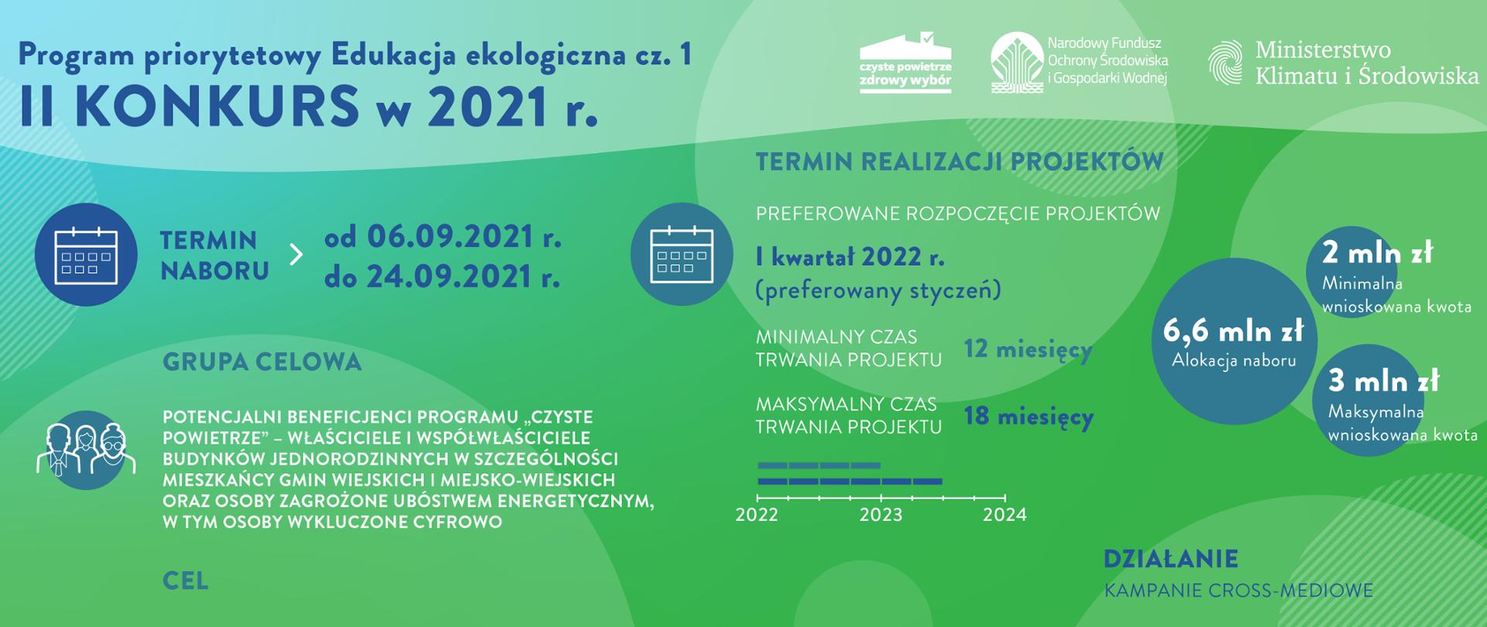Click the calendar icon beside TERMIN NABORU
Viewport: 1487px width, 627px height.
click(x=86, y=255)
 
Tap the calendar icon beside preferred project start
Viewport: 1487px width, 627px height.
click(x=682, y=254)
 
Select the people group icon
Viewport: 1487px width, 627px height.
click(x=86, y=450)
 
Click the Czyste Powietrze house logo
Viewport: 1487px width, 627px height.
click(x=905, y=63)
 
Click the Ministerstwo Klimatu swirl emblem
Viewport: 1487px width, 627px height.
click(x=1228, y=62)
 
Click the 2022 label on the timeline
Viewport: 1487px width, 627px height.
click(x=757, y=515)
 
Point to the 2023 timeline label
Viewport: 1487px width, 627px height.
click(x=881, y=515)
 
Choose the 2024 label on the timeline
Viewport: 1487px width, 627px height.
click(x=1004, y=515)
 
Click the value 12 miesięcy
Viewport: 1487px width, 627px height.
click(x=1028, y=350)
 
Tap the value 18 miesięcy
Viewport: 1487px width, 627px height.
click(x=1029, y=416)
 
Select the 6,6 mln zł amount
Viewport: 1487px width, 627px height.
click(x=1234, y=331)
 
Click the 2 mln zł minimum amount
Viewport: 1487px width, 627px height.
click(x=1378, y=253)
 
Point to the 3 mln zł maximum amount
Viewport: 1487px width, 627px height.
click(x=1384, y=381)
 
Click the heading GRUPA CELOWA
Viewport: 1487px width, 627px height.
click(x=263, y=361)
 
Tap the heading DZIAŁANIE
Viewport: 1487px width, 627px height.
click(x=1171, y=559)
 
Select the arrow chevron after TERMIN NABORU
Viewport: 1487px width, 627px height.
click(x=296, y=255)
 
